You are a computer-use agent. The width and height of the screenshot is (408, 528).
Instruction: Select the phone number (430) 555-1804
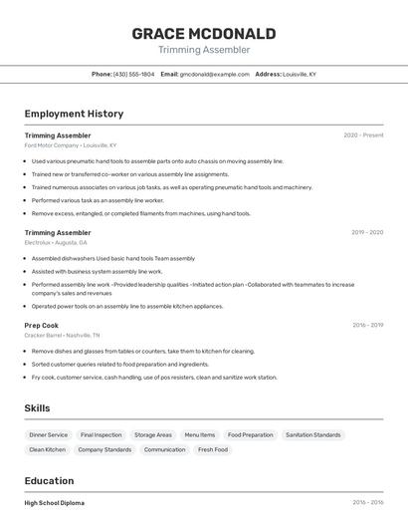coord(134,74)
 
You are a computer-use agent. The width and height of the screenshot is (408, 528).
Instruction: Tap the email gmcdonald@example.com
coord(215,74)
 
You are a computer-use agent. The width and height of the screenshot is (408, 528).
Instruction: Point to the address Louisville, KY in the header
coord(300,74)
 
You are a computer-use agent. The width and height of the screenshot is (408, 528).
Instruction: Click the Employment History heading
coord(74,114)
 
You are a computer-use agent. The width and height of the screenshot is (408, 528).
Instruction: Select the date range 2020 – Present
coord(363,135)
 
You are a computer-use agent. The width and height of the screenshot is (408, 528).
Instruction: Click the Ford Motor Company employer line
coord(70,145)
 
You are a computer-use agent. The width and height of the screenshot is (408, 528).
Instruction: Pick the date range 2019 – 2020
coord(366,232)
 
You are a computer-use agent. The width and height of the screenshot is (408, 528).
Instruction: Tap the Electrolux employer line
coord(56,242)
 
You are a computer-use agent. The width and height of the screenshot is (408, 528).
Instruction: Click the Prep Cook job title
coord(42,325)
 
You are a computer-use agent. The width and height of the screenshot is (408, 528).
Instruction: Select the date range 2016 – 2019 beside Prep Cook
coord(366,325)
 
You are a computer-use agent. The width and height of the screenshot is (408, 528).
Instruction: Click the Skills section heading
coord(37,408)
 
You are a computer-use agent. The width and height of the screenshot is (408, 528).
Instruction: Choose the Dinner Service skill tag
coord(49,435)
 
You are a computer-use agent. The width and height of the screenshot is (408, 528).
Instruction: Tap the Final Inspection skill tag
coord(102,435)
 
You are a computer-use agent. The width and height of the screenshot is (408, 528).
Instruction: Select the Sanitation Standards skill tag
coord(312,435)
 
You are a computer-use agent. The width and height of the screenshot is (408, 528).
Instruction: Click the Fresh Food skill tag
coord(213,450)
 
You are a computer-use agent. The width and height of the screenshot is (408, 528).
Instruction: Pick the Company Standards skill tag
coord(104,450)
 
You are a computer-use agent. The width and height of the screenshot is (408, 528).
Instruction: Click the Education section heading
coord(49,480)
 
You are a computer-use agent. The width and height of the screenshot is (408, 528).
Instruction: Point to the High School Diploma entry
coord(55,503)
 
